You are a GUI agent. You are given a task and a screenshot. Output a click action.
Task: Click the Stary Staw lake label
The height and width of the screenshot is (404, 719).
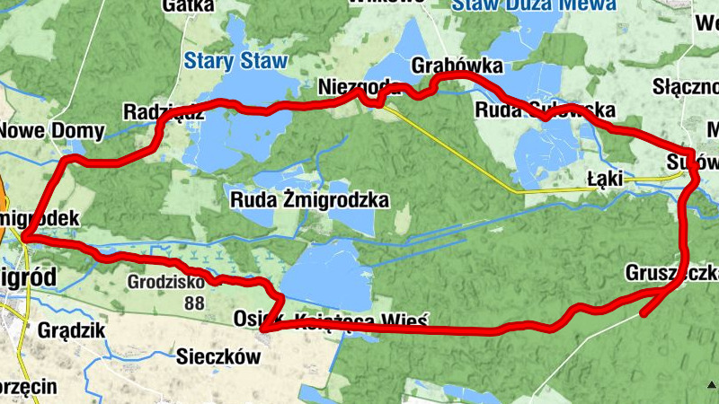235,62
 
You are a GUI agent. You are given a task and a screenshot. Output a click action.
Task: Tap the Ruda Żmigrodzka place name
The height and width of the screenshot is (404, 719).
310,199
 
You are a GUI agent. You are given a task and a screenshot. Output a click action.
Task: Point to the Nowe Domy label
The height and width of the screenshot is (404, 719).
51,131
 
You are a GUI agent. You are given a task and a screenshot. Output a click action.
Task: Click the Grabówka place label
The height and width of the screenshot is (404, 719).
457,66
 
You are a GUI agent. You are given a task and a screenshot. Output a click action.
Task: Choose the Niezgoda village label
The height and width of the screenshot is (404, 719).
359,88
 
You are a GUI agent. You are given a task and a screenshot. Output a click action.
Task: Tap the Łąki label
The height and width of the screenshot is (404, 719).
605,180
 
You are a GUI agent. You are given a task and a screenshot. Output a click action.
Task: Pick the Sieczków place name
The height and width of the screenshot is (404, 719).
219,357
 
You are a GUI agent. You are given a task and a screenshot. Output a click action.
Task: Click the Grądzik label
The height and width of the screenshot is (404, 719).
72,330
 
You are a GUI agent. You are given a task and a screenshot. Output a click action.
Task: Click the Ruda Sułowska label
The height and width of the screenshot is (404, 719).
545,110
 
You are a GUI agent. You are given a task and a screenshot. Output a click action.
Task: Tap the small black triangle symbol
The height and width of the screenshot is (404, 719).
711,385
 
